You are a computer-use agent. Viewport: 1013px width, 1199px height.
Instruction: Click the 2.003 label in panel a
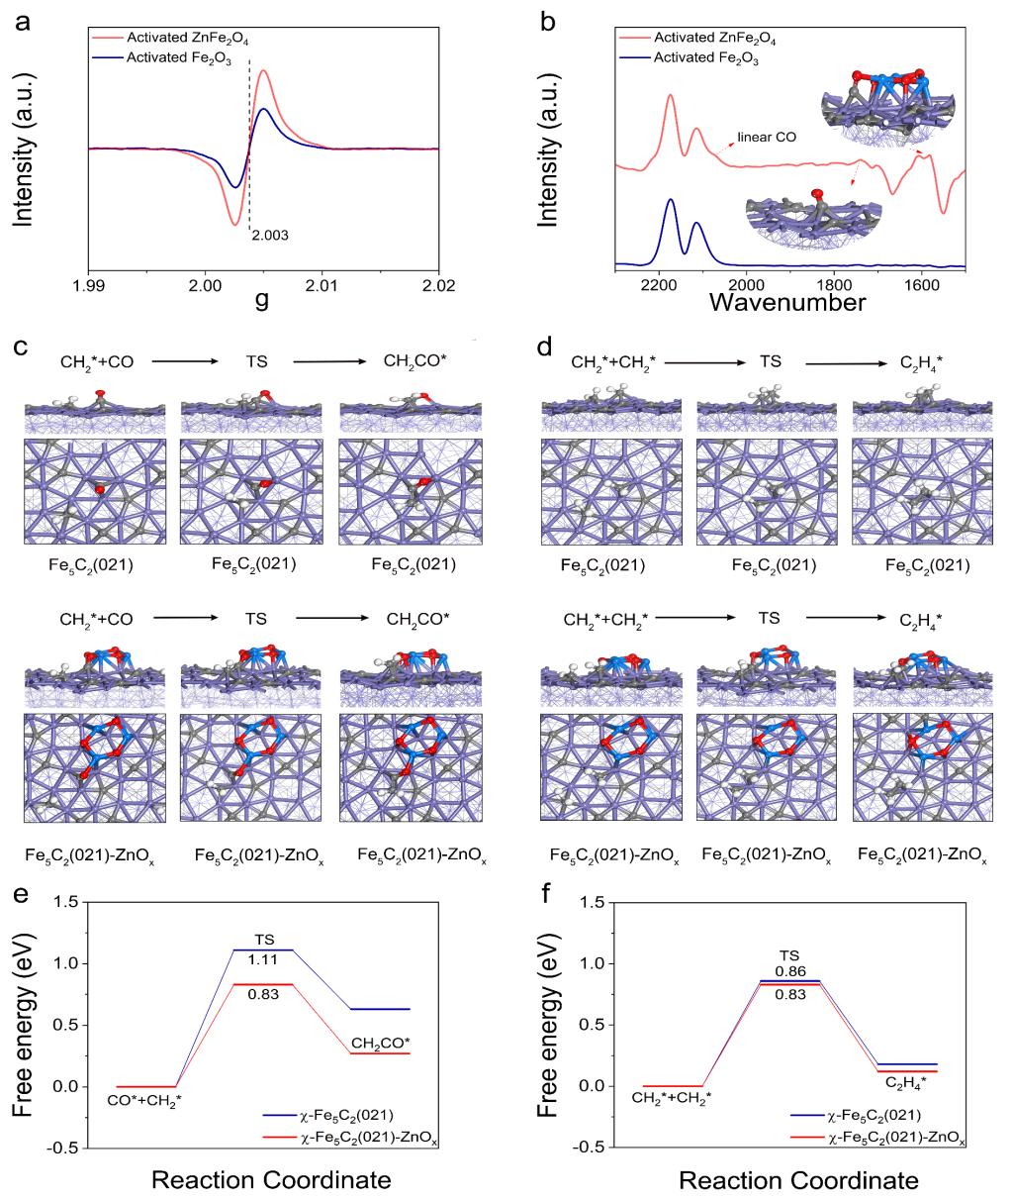(269, 237)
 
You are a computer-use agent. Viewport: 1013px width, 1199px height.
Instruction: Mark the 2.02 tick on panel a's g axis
(438, 286)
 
